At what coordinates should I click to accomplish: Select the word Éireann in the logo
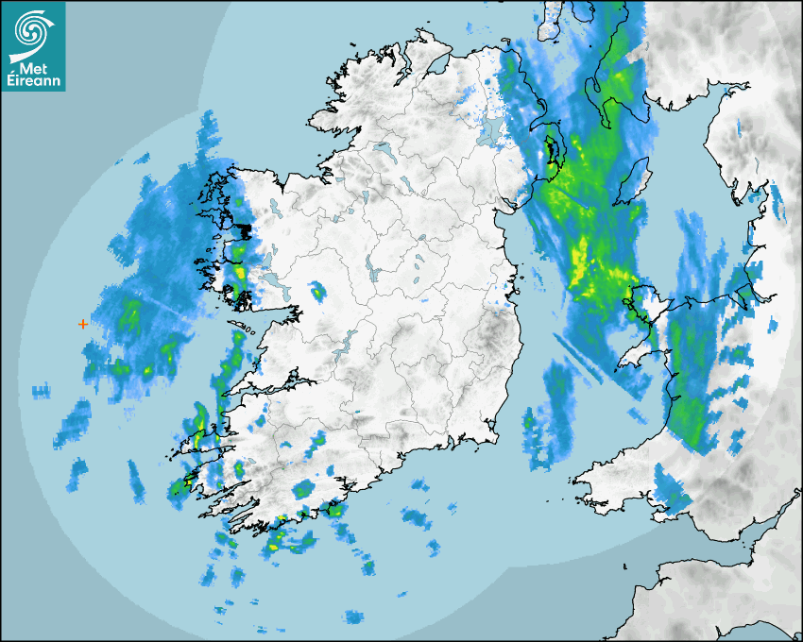pos(34,82)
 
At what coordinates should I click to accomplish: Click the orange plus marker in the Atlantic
pos(83,324)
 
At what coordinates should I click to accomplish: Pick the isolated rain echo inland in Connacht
pos(316,293)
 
